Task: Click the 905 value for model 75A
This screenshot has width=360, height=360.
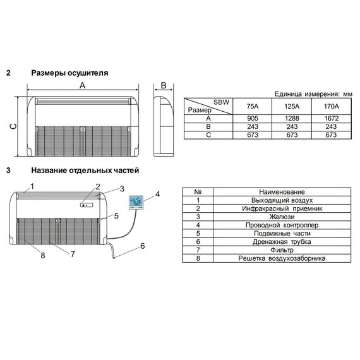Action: [x=253, y=119]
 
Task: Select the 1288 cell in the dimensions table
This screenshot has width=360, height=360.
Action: [x=292, y=119]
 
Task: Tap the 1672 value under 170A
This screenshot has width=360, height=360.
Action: [x=332, y=119]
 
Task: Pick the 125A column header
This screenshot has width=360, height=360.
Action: [x=292, y=106]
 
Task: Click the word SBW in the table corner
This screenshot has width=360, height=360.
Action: [x=221, y=102]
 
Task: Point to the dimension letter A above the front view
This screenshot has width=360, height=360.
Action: [x=82, y=86]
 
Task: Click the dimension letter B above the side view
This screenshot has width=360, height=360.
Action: [x=164, y=85]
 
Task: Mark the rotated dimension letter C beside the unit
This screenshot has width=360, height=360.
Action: [x=13, y=126]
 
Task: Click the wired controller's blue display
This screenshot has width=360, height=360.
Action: [x=136, y=202]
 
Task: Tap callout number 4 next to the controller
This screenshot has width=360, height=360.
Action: [x=157, y=195]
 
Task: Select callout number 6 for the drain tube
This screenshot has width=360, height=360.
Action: [x=143, y=246]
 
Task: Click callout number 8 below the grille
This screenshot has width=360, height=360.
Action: [x=43, y=255]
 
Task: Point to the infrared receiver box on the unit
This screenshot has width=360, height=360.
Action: [x=87, y=205]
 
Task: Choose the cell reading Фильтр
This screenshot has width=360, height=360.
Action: [x=282, y=250]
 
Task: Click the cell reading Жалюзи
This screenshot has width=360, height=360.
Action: [x=282, y=217]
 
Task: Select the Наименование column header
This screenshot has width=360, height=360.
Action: [x=282, y=192]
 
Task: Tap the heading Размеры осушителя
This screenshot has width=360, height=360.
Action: [x=69, y=73]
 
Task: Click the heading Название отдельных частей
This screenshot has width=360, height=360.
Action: [x=85, y=171]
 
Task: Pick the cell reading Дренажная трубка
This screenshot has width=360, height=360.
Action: [x=282, y=242]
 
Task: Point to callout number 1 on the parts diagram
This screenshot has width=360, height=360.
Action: [x=32, y=186]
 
